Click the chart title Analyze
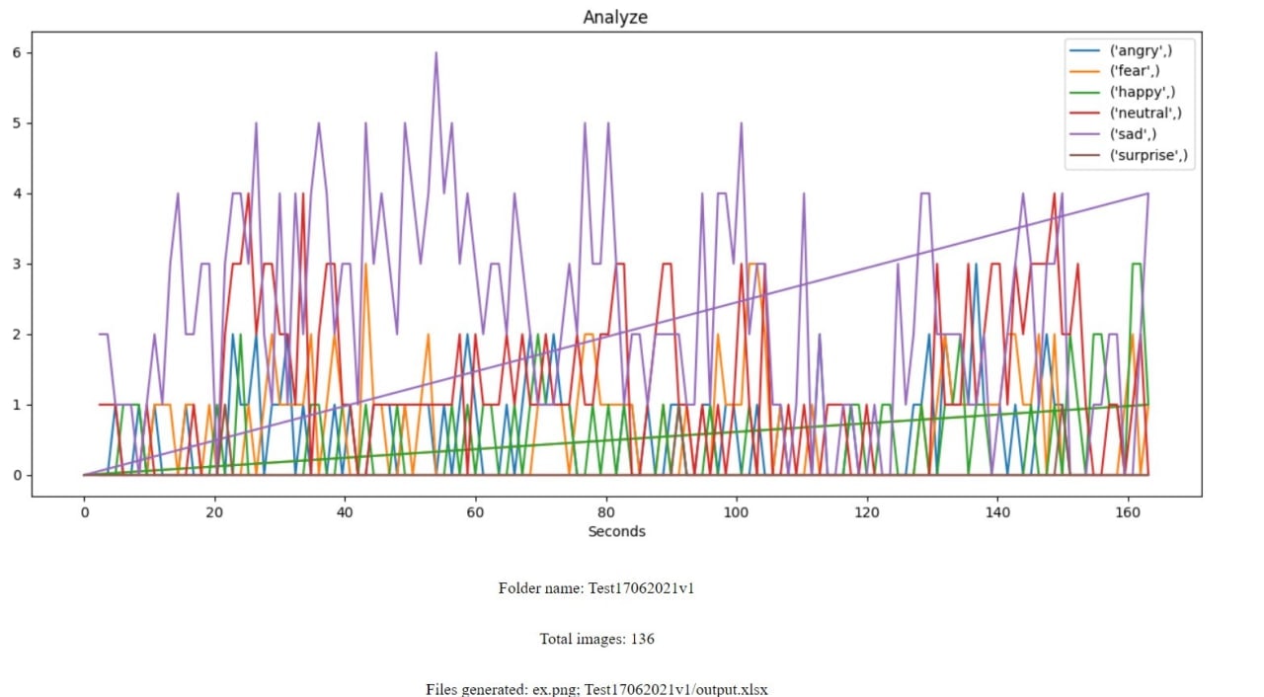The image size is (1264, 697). point(615,17)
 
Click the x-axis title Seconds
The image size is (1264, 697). point(616,531)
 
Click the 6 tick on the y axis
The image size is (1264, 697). point(16,52)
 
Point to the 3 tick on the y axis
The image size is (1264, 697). point(16,264)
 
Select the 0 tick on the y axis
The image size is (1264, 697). point(16,476)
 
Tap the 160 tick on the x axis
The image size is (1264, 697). point(1128,512)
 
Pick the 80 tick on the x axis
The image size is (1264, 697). point(605,512)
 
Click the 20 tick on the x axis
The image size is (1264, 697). point(214,512)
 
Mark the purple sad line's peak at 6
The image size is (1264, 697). point(435,53)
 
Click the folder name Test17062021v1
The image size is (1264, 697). point(648,587)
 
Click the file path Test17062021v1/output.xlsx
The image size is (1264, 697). point(676,688)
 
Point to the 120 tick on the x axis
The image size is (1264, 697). point(867,512)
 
